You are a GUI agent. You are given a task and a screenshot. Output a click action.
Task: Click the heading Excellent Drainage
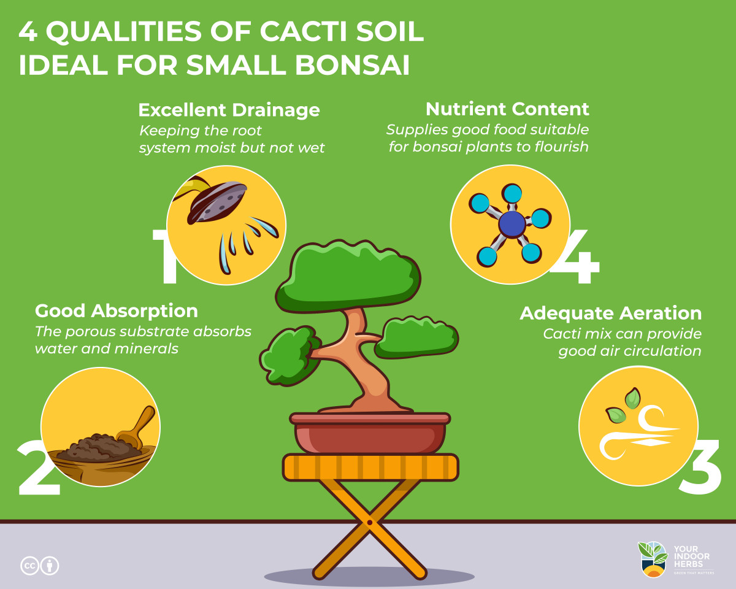(229, 110)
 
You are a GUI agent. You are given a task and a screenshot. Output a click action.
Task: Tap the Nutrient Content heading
(507, 109)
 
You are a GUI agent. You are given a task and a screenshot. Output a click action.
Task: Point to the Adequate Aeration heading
(610, 314)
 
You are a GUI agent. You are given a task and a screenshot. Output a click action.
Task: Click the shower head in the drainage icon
(217, 202)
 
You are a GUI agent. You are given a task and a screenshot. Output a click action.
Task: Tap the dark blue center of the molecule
(512, 224)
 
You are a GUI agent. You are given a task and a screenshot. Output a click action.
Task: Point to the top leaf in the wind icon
(632, 398)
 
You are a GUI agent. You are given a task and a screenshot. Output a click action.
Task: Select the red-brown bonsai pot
(370, 433)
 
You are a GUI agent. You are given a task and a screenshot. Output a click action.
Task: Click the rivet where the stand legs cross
(369, 523)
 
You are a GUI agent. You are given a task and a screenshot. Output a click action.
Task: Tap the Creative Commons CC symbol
(29, 566)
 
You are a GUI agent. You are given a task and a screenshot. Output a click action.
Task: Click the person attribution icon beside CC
(50, 566)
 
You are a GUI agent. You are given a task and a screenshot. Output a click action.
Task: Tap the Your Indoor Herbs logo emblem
(653, 559)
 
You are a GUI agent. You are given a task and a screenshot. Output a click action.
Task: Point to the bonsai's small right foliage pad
(417, 338)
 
